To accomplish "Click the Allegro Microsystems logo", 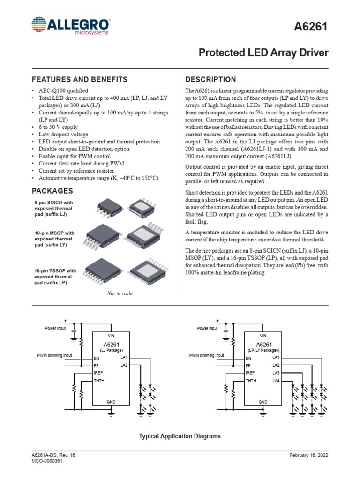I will pyautogui.click(x=71, y=26).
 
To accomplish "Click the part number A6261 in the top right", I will pyautogui.click(x=310, y=29).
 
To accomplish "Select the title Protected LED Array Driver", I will pyautogui.click(x=263, y=52).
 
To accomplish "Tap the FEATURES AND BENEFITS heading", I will pyautogui.click(x=79, y=79).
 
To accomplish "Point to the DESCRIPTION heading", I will pyautogui.click(x=211, y=79).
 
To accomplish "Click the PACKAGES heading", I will pyautogui.click(x=52, y=191).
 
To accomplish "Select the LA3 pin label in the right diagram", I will pyautogui.click(x=276, y=373).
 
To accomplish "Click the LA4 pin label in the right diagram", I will pyautogui.click(x=276, y=380).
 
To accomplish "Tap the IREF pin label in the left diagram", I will pyautogui.click(x=98, y=373).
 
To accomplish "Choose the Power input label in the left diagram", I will pyautogui.click(x=55, y=329).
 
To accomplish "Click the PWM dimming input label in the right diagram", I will pyautogui.click(x=207, y=355).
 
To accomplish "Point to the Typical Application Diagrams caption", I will pyautogui.click(x=180, y=436).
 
